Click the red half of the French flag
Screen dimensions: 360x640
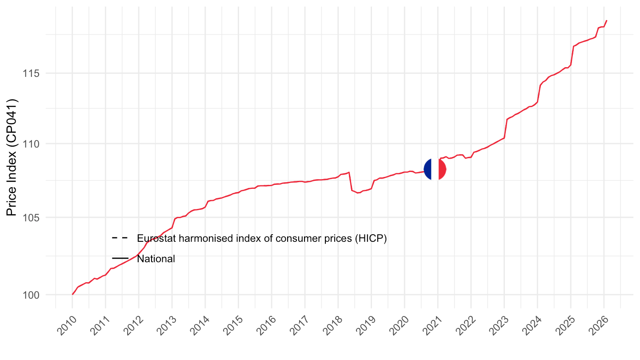point(442,169)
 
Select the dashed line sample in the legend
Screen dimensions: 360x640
point(120,238)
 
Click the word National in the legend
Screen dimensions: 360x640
point(156,259)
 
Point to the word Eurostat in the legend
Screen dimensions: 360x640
point(155,238)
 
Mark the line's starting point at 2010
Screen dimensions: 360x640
point(72,294)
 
